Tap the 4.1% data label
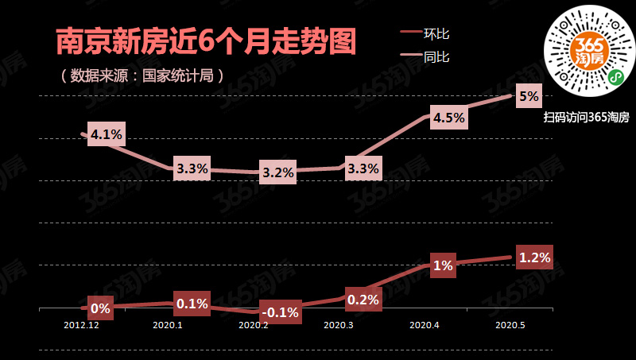click(107, 134)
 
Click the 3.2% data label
click(278, 172)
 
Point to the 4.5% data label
click(449, 118)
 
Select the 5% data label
click(529, 97)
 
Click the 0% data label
click(100, 308)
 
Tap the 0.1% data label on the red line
click(192, 304)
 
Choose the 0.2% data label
click(363, 299)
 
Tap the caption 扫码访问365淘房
click(587, 118)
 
